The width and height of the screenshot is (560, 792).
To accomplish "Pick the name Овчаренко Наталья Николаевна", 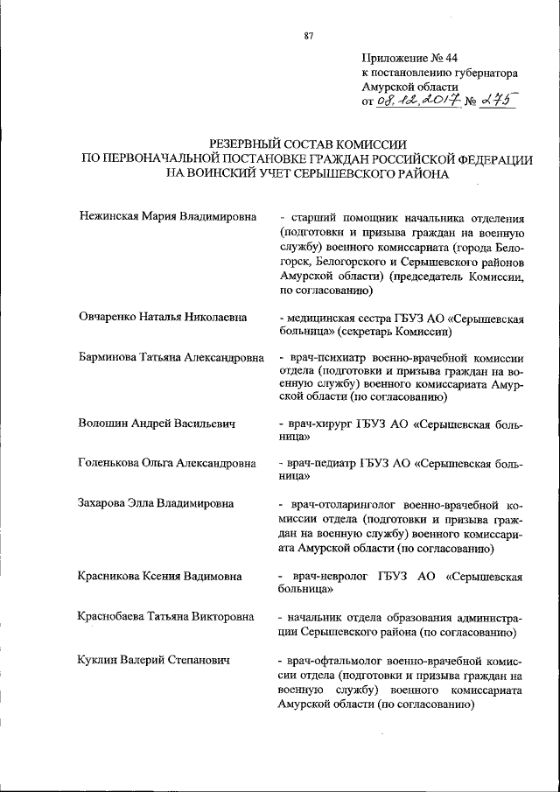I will click(161, 317).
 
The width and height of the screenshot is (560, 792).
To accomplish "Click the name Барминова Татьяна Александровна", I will click(171, 358).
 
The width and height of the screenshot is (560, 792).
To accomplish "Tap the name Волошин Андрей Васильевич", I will click(157, 424).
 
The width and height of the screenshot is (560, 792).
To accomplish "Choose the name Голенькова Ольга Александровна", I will click(166, 464).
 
